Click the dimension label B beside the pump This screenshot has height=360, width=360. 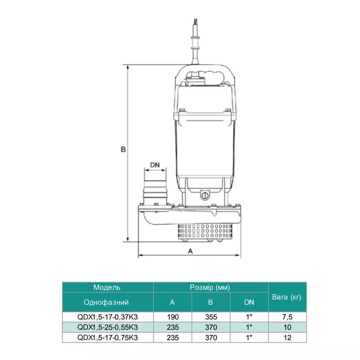[123, 149]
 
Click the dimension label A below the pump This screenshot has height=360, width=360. [190, 251]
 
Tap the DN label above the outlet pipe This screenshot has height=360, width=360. [155, 165]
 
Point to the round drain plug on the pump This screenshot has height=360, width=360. [204, 196]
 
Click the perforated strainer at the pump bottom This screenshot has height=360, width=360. [205, 231]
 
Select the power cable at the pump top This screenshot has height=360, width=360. [195, 41]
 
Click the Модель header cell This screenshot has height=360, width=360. [107, 288]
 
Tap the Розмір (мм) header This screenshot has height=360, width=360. [210, 288]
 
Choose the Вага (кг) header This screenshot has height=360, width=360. [287, 297]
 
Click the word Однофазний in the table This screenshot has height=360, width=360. [106, 302]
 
